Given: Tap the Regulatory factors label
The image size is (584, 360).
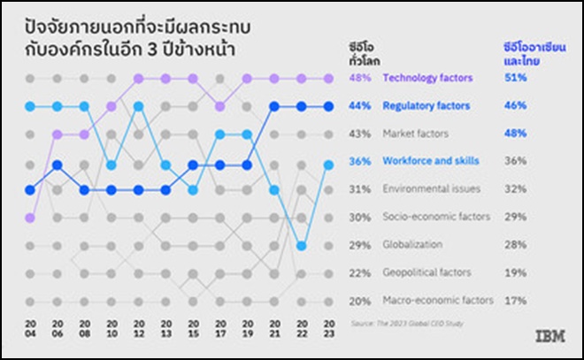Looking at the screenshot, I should coord(426,106).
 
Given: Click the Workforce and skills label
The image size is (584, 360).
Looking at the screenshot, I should coord(430,161).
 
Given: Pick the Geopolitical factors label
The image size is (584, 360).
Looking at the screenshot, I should coord(426,272).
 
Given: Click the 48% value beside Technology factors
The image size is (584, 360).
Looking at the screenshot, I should coord(360,78).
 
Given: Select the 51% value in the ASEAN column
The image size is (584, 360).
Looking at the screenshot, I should coord(515,78).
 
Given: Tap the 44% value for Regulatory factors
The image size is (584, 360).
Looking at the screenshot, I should coord(360,106).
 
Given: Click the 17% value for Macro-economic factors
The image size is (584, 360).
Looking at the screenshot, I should coord(515,300).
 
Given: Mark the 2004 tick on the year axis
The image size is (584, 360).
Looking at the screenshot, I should coord(30,328).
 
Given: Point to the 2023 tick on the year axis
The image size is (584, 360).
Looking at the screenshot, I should coord(329,328).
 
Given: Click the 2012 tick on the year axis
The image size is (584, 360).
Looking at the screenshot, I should coord(138,328).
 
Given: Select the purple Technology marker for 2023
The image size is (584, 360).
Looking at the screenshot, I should coord(329,79).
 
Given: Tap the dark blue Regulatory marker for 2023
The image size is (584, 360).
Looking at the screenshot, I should coord(329,107).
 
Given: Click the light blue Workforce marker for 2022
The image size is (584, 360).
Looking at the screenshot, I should coord(302,245).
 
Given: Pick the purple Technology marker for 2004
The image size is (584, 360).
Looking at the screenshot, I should coord(30,217).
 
